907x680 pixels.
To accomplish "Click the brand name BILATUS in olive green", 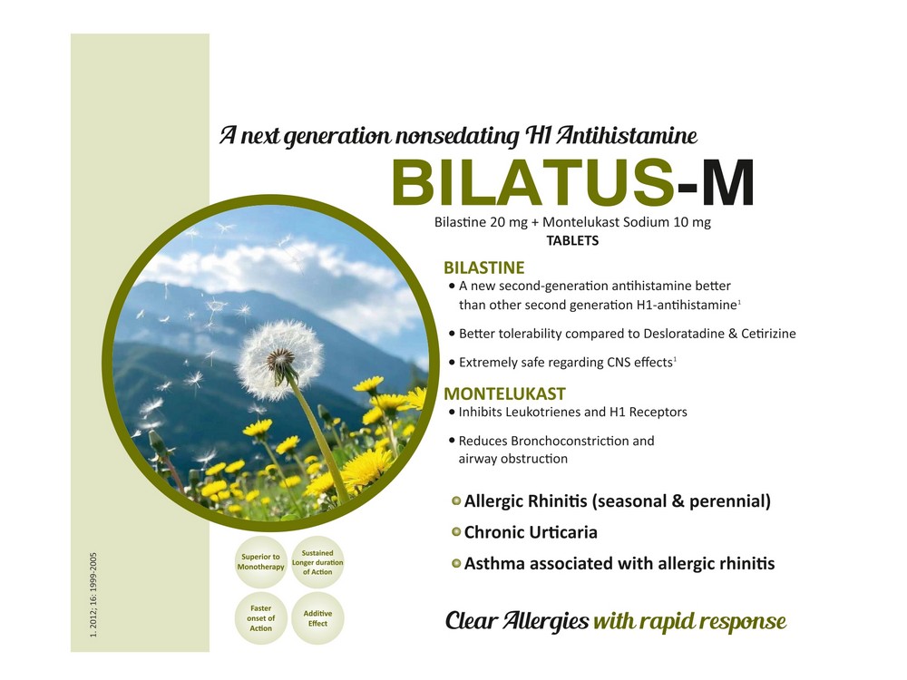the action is [532, 183].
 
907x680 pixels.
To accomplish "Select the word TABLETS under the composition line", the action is [572, 240].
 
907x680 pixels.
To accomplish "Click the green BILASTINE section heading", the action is [484, 267].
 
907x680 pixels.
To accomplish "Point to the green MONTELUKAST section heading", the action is [504, 393].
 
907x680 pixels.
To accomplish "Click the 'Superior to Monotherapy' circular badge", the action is [261, 562].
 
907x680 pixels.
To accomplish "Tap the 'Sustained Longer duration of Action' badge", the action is [317, 562].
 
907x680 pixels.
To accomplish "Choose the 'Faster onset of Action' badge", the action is [261, 618].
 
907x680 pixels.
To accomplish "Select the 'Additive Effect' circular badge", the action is [317, 618].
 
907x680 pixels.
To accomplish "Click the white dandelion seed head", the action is [280, 360].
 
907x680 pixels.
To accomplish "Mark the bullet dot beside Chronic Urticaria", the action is [456, 532].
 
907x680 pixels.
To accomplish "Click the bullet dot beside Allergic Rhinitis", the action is [456, 500].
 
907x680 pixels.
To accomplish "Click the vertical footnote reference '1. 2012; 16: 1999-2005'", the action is [93, 595].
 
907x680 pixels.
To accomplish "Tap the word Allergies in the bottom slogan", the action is [545, 621].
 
